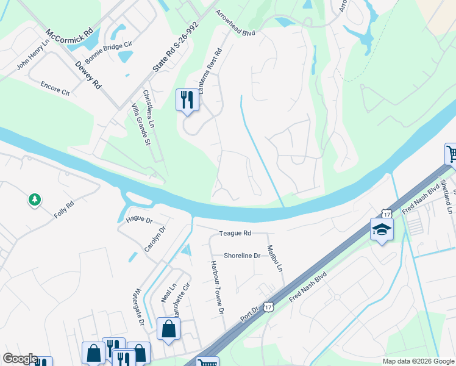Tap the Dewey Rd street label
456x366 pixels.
tap(88, 74)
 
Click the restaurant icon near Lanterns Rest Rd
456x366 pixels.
tap(187, 99)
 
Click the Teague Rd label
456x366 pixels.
tap(235, 233)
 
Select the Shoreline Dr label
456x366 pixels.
tap(242, 256)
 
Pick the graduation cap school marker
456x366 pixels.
tap(382, 229)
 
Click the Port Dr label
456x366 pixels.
tap(249, 313)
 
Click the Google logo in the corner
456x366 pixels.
tap(20, 359)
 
